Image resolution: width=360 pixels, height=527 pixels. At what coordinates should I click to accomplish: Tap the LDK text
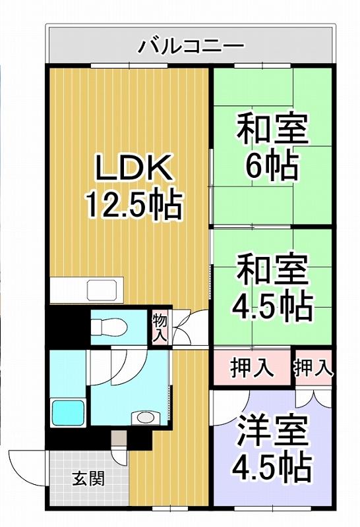click(x=134, y=167)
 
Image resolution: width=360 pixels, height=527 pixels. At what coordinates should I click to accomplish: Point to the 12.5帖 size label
click(x=135, y=205)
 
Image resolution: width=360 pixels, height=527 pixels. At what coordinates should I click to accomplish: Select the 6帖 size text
click(x=272, y=167)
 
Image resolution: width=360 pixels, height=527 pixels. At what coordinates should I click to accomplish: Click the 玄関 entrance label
click(x=89, y=478)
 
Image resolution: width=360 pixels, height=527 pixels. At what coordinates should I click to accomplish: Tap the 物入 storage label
click(x=160, y=327)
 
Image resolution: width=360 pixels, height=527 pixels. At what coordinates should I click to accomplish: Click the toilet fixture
click(x=109, y=327)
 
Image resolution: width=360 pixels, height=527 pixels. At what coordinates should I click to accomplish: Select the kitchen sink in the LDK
click(x=104, y=289)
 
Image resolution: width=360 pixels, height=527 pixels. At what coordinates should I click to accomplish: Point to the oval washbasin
click(x=145, y=418)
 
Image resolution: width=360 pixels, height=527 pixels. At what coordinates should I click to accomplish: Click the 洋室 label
click(x=272, y=431)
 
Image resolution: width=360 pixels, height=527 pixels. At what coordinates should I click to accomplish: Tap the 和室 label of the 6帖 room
click(x=272, y=129)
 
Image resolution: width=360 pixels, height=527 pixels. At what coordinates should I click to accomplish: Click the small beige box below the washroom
click(x=119, y=439)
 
